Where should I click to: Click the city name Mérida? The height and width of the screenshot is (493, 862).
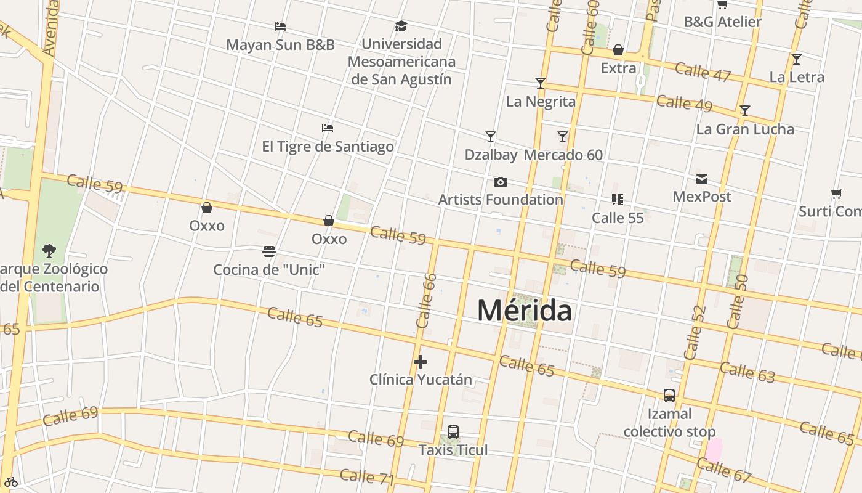[524, 310]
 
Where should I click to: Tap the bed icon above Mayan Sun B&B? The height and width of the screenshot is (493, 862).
[280, 26]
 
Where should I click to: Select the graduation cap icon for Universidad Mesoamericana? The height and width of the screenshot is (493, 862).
[401, 26]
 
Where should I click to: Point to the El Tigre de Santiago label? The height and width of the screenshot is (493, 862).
[328, 147]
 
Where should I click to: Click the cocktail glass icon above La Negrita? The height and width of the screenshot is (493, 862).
[541, 83]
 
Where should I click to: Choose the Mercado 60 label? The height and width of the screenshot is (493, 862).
[563, 155]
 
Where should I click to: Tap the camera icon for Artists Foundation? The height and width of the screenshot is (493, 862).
[501, 182]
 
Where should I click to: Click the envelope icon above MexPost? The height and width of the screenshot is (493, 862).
[702, 179]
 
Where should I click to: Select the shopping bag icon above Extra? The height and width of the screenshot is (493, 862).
[618, 50]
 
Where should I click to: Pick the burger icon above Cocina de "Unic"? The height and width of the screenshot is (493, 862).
[269, 251]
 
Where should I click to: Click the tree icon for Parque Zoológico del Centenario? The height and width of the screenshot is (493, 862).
[49, 250]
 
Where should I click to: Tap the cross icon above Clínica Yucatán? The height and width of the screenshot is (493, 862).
[421, 362]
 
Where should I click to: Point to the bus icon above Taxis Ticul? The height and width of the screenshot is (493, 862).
[453, 432]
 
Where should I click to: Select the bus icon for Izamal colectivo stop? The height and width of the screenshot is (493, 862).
[669, 396]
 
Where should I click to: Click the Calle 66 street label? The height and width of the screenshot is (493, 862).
[426, 301]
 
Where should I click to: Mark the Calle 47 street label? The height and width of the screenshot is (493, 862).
[703, 71]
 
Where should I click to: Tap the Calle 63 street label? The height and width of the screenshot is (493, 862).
[747, 372]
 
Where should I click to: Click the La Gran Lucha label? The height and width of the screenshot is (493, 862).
[745, 129]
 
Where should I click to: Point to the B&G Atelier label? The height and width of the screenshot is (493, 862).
[722, 22]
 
